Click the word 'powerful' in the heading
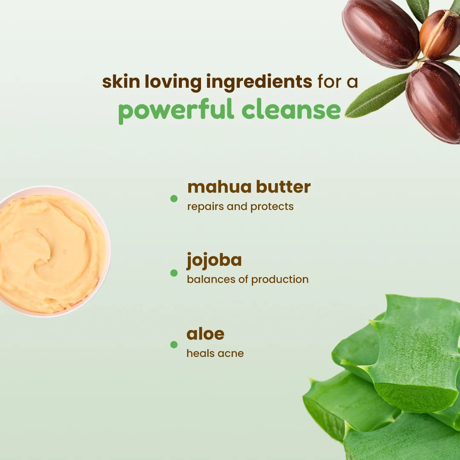click(x=176, y=110)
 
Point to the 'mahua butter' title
click(x=249, y=187)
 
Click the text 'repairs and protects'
click(x=240, y=207)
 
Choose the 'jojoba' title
click(x=214, y=261)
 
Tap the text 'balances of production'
click(x=247, y=279)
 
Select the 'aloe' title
click(x=205, y=334)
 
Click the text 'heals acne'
click(x=215, y=353)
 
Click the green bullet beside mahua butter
click(x=174, y=198)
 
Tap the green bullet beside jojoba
click(x=174, y=273)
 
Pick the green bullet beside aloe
click(x=174, y=345)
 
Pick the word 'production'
click(x=280, y=280)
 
